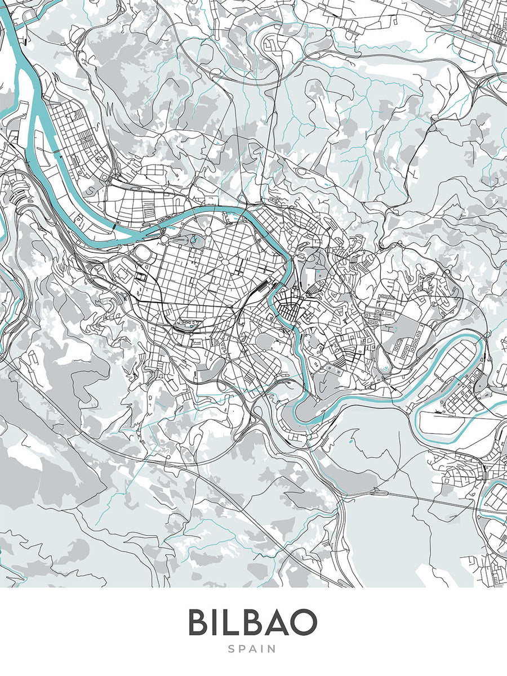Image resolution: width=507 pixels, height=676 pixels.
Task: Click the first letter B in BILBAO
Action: [x=201, y=622]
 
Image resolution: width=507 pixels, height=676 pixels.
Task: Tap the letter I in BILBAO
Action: [x=222, y=622]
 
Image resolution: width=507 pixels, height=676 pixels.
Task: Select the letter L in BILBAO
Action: [x=238, y=622]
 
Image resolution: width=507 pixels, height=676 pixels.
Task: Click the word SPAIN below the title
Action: [x=252, y=648]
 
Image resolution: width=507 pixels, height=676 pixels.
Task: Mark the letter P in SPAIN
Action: [x=242, y=648]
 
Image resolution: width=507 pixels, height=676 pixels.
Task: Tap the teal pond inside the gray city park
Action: [x=197, y=242]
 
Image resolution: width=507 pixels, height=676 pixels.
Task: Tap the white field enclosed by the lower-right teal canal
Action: [x=445, y=422]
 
